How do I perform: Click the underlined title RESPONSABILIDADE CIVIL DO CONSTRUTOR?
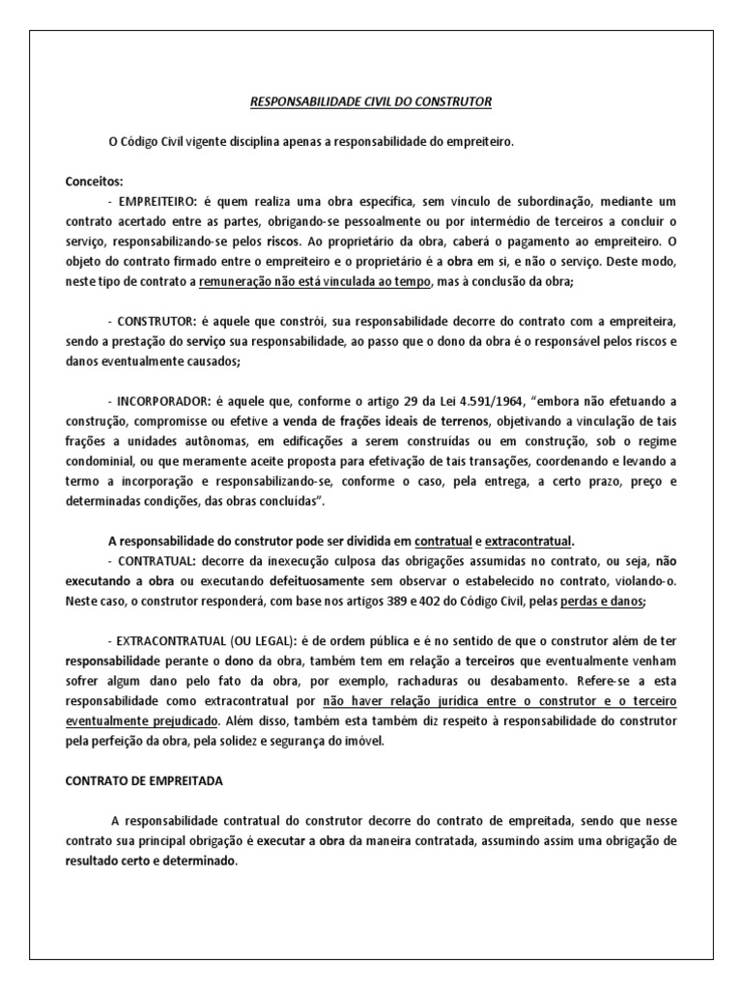point(371,100)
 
